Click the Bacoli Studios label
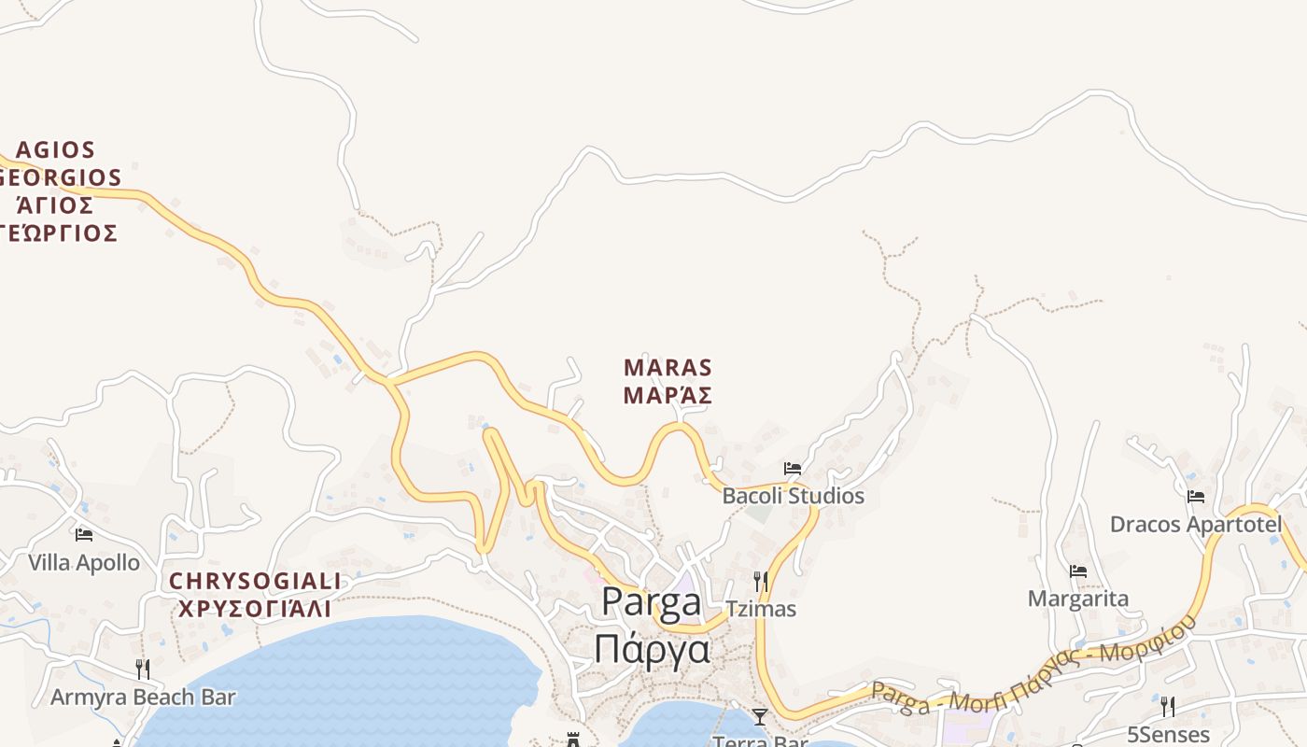793,496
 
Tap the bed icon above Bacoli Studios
793,469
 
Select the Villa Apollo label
84,563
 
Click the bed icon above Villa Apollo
84,535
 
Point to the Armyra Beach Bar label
143,698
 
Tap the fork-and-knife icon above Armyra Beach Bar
143,669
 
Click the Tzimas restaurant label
761,609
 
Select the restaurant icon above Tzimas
761,582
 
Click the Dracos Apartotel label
1196,525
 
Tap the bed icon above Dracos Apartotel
1196,497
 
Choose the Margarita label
1078,599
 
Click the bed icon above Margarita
1078,571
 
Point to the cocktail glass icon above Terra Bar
760,717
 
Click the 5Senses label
1168,735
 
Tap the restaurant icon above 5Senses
1168,706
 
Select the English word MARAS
668,368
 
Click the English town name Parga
652,602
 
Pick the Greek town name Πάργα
652,648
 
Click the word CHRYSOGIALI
255,582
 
